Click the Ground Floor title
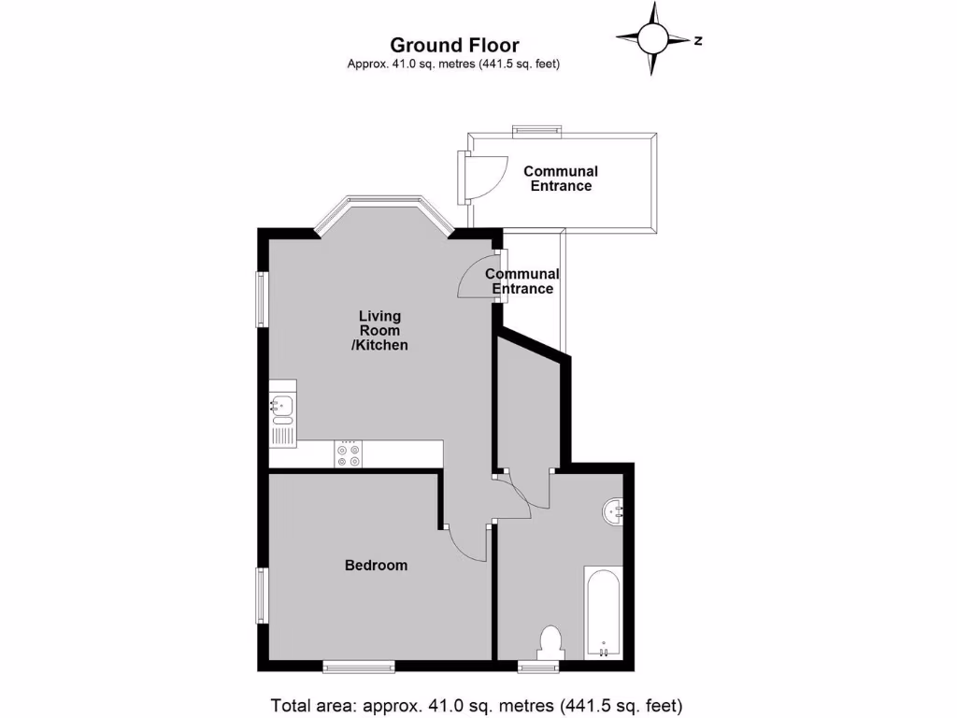click(454, 45)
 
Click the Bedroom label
click(376, 566)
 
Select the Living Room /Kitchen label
click(383, 331)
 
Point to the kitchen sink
click(282, 406)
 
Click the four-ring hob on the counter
click(349, 454)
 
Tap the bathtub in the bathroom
click(603, 612)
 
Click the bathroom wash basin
click(613, 510)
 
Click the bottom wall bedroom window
click(359, 667)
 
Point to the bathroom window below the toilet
click(539, 667)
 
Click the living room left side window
click(263, 299)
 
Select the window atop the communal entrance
click(536, 130)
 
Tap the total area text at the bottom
click(478, 705)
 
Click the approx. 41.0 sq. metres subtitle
click(454, 65)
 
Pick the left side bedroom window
click(263, 596)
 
